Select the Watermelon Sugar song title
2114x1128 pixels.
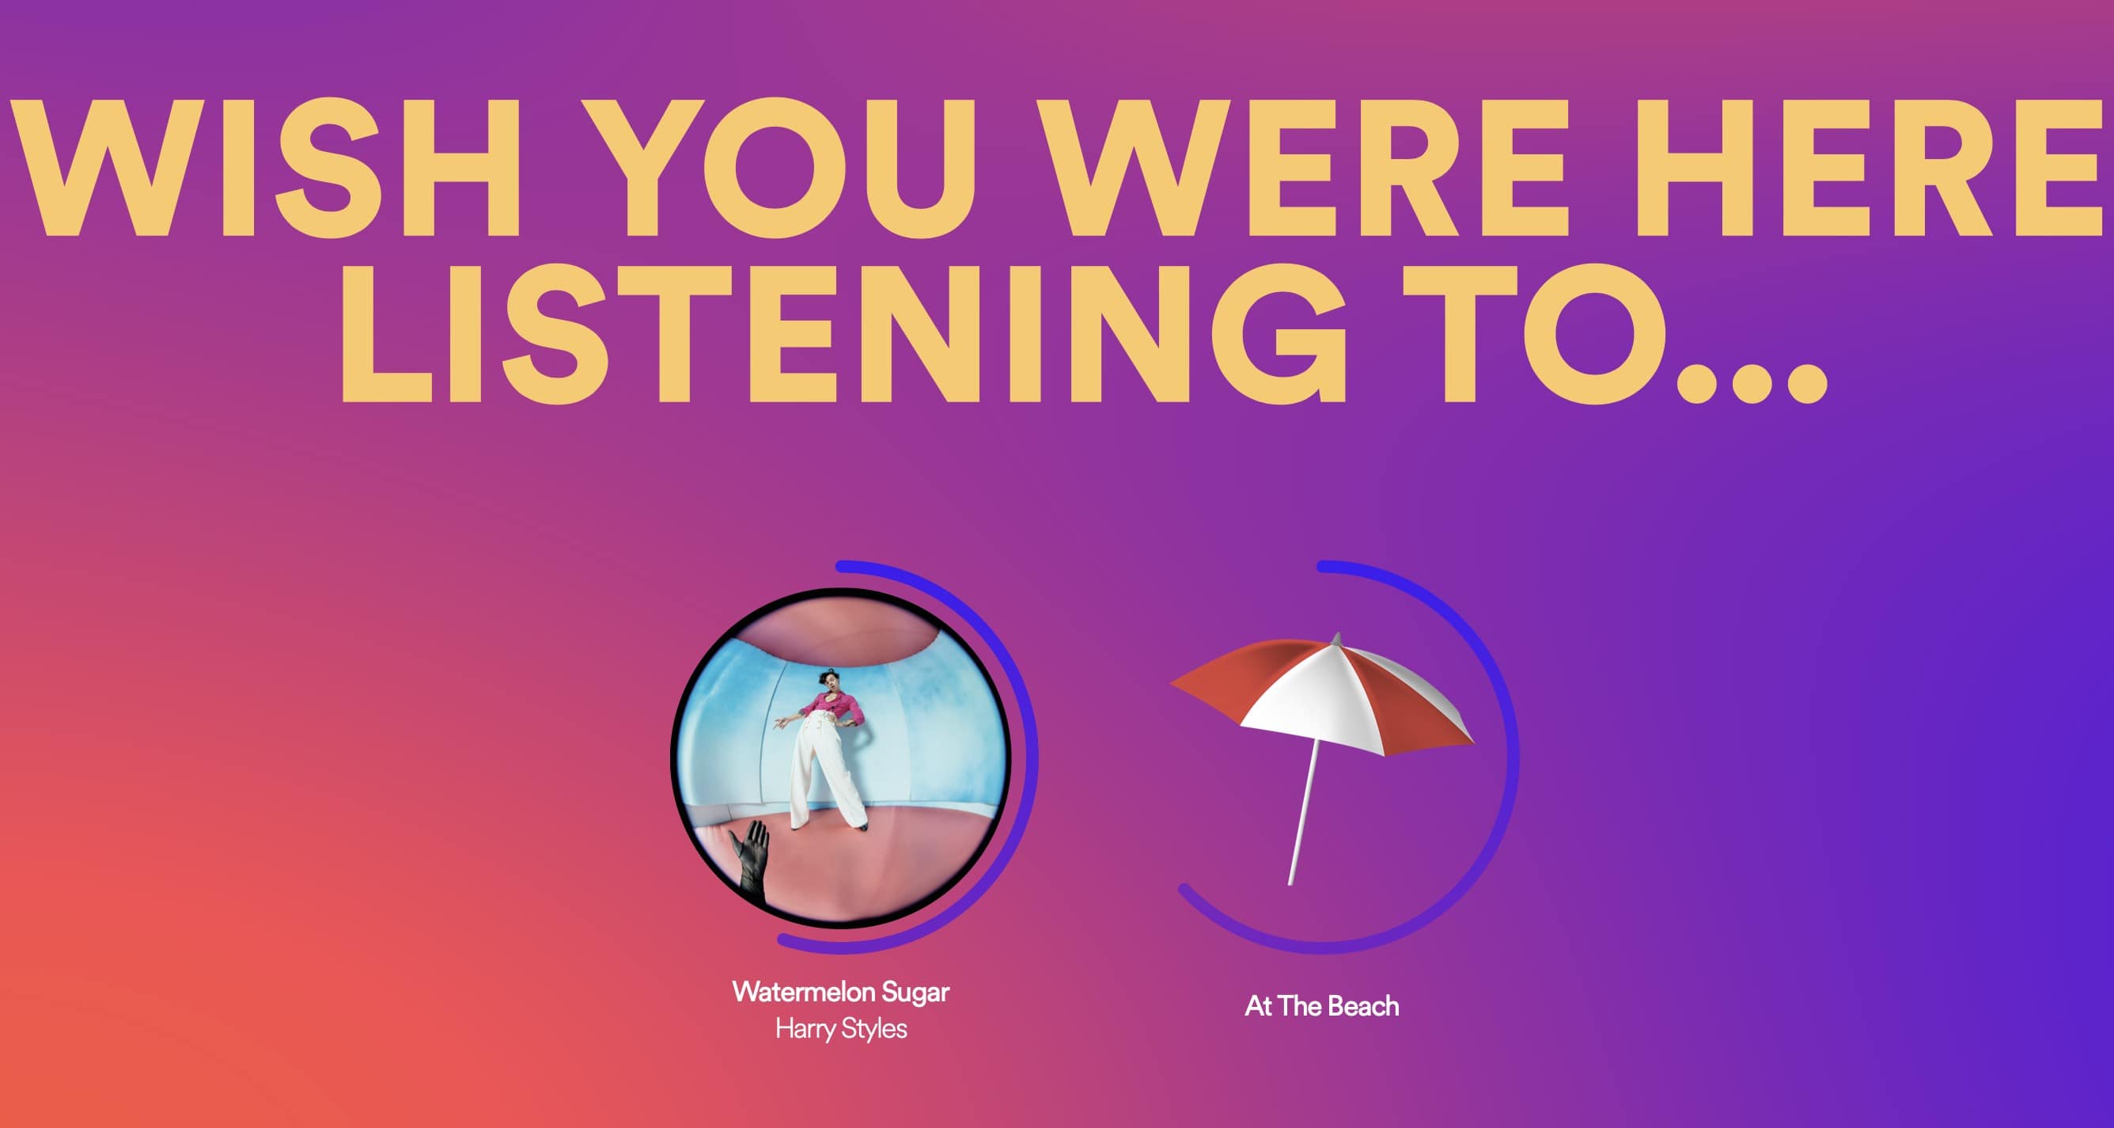coord(840,992)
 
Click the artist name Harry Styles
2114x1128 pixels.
coord(841,1029)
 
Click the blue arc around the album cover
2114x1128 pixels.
coord(1032,755)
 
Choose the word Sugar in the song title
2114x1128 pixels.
coord(915,992)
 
